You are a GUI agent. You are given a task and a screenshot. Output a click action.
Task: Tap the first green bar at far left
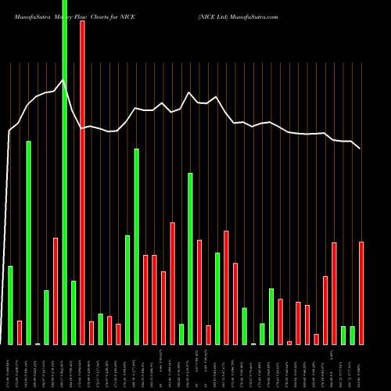coord(10,305)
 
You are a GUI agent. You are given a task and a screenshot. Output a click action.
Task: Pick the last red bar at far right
coord(361,293)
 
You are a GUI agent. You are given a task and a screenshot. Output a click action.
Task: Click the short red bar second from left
coord(20,332)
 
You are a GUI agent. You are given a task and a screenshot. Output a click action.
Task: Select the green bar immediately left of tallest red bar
coord(74,313)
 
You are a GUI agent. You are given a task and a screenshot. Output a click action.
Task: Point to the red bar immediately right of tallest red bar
coord(91,332)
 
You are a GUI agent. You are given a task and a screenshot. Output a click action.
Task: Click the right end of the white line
coord(361,148)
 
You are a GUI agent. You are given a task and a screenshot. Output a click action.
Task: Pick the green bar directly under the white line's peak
coord(190,259)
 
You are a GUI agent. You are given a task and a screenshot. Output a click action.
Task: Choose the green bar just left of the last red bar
coord(352,335)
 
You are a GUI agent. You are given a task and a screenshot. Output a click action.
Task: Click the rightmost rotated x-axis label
coord(361,368)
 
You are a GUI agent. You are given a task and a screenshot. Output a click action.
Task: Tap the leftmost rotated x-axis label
coord(10,368)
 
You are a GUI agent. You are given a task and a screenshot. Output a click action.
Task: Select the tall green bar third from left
coord(28,242)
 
